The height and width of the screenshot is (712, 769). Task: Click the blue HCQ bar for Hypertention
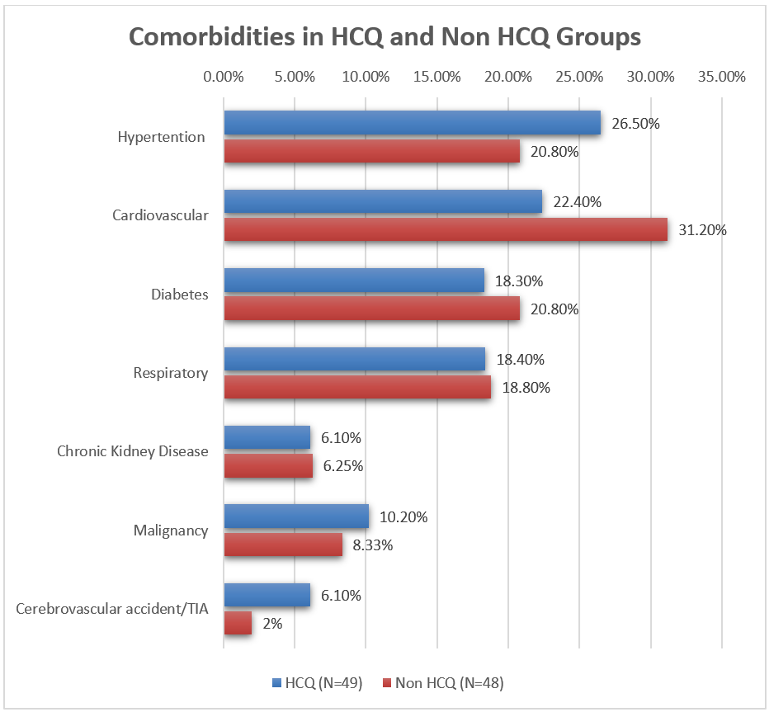coord(412,123)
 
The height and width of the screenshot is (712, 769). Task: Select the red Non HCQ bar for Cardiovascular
coord(446,230)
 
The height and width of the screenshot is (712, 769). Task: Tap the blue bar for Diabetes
coord(354,281)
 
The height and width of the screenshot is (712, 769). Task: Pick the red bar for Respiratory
coord(357,388)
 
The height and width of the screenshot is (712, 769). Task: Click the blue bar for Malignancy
coord(296,516)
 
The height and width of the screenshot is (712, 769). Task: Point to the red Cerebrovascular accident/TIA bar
coord(238,624)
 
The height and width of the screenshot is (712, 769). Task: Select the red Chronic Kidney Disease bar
coord(268,466)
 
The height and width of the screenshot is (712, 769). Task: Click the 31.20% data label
coord(702,230)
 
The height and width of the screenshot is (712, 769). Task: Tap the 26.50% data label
coord(636,124)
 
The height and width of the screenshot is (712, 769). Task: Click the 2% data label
coord(272,624)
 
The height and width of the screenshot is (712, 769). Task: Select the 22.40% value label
coord(578,202)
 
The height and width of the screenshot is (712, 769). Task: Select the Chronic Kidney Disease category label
coord(132,451)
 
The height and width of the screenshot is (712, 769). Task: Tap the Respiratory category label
coord(170,373)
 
